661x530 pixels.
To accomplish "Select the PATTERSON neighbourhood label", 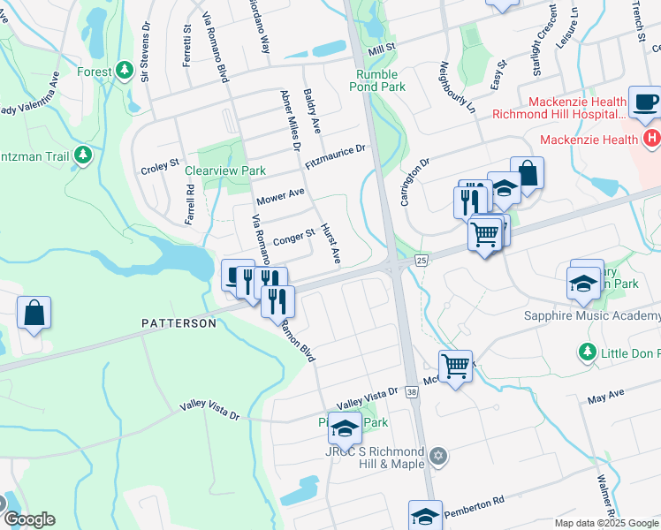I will pyautogui.click(x=179, y=324).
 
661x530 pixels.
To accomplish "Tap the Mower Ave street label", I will pyautogui.click(x=280, y=192).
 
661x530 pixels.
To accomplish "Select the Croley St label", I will pyautogui.click(x=160, y=165).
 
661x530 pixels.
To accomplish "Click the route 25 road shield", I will pyautogui.click(x=421, y=260).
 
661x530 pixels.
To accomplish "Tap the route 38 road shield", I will pyautogui.click(x=412, y=390).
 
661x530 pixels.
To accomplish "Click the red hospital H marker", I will pyautogui.click(x=652, y=139).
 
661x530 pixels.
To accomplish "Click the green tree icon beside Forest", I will pyautogui.click(x=125, y=69).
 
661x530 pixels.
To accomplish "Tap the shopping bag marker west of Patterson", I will pyautogui.click(x=34, y=313).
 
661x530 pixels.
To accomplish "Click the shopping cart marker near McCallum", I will pyautogui.click(x=455, y=364).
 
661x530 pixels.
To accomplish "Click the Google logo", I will pyautogui.click(x=28, y=519).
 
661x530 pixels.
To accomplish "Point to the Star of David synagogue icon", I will pyautogui.click(x=439, y=457).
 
